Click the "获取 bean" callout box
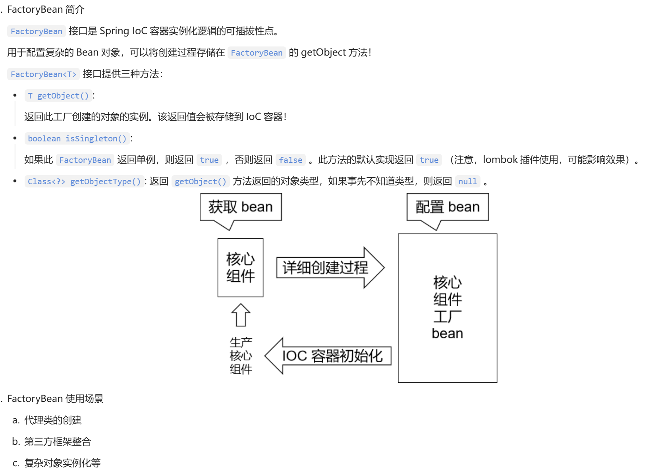tap(241, 207)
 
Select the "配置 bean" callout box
tap(448, 207)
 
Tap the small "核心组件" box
tap(240, 267)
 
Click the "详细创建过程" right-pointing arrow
tap(330, 268)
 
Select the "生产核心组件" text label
tap(241, 355)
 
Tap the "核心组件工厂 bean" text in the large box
tap(448, 307)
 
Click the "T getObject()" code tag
tap(58, 96)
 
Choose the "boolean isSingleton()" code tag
tap(77, 139)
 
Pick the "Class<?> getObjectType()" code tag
tap(84, 182)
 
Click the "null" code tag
tap(467, 182)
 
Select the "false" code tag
tap(290, 160)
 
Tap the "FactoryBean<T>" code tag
tap(43, 74)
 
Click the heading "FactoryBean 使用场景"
tap(55, 399)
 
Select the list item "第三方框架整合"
tap(58, 442)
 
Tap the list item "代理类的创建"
tap(53, 420)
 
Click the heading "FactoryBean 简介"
tap(46, 10)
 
